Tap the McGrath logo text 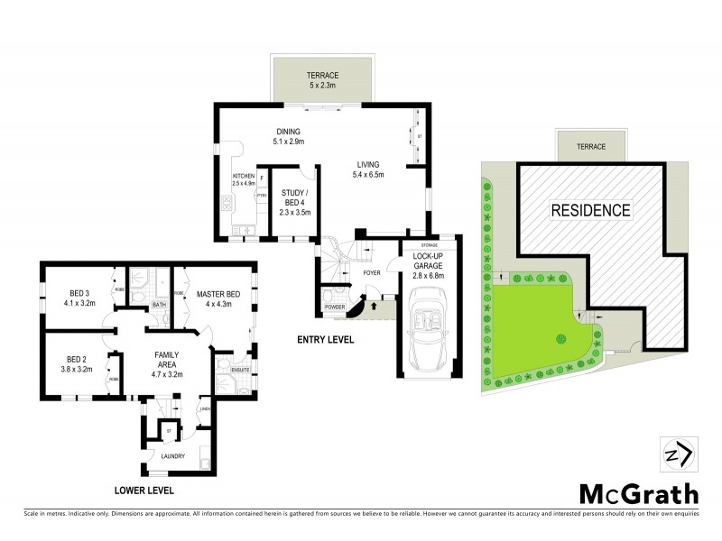tap(637, 494)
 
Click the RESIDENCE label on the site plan tap(590, 210)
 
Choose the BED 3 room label tap(80, 298)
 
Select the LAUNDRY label tap(172, 456)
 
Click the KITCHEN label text tap(244, 176)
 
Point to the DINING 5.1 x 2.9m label tap(289, 137)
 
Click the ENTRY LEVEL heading tap(325, 340)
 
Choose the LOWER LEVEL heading tap(143, 491)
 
